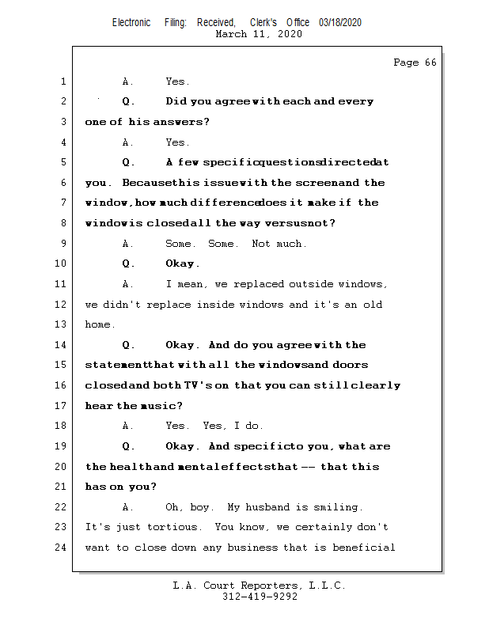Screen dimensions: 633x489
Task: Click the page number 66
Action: pos(430,63)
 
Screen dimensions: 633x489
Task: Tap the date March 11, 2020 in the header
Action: pos(258,35)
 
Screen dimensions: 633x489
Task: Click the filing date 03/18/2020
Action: pos(340,23)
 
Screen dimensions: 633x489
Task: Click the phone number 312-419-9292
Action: pos(260,597)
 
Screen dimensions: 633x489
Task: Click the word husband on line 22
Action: pos(269,507)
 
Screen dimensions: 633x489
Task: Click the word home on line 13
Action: pos(99,324)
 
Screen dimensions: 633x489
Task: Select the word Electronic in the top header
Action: pos(131,23)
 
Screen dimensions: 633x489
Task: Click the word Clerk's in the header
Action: pos(263,23)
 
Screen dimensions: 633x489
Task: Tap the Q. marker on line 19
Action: pos(128,446)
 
